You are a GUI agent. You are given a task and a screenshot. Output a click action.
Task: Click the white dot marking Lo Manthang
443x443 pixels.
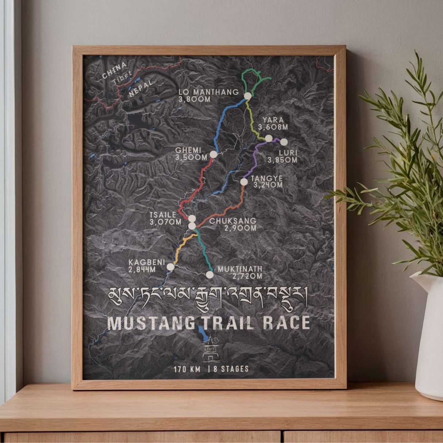pos(248,96)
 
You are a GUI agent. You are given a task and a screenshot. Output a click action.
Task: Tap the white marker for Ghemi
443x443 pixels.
pos(213,154)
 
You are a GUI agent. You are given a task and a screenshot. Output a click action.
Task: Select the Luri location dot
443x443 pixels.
pos(284,142)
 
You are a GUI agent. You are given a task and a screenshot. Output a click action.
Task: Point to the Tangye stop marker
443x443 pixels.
pos(244,182)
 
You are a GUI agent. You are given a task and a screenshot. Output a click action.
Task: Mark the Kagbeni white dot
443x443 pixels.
pos(170,267)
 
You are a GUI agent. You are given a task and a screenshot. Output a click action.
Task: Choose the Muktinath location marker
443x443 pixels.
pos(210,274)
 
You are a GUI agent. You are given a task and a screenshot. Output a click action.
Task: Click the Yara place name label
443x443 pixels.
pos(273,120)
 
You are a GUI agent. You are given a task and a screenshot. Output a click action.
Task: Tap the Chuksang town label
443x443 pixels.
pos(233,221)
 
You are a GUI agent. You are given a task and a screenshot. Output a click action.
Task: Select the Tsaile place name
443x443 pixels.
pos(163,215)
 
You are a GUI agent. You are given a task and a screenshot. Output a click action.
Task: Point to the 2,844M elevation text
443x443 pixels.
pos(142,270)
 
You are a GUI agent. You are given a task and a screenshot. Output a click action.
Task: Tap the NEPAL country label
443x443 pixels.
pos(140,89)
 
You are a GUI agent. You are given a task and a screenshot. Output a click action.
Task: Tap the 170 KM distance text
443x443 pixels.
pos(187,369)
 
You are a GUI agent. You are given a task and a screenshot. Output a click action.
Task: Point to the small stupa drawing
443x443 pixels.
pos(210,349)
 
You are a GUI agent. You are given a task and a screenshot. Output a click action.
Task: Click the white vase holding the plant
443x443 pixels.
pos(429,337)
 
